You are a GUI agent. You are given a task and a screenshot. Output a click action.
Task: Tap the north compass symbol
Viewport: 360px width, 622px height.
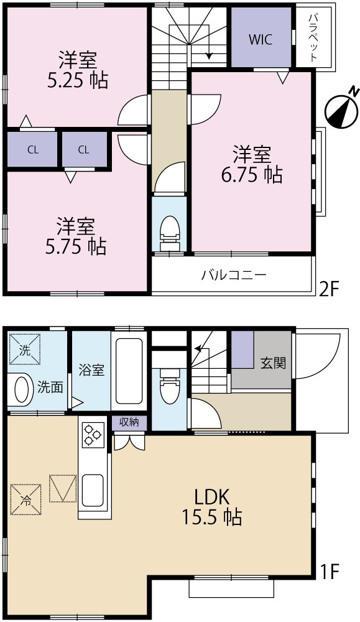click(x=342, y=109)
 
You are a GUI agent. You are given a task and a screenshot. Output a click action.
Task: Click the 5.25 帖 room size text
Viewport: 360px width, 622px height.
click(x=77, y=80)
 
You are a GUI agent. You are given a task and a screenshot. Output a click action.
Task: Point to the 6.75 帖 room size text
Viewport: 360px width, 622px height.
click(x=251, y=175)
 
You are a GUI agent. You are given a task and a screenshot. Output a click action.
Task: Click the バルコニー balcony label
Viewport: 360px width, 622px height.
click(x=234, y=274)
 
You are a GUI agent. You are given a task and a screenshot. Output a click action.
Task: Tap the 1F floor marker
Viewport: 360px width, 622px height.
click(x=330, y=570)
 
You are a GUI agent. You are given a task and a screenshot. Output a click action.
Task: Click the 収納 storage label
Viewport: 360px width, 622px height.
click(x=129, y=422)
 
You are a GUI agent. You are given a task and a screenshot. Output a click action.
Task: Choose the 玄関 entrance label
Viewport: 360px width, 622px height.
click(x=273, y=362)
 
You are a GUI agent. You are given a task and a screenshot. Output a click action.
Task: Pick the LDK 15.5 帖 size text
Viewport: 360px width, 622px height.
click(x=210, y=507)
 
